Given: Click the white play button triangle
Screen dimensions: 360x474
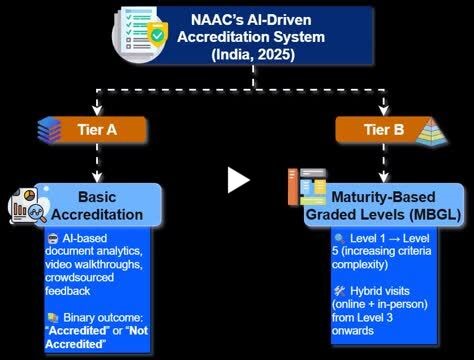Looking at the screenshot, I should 237,180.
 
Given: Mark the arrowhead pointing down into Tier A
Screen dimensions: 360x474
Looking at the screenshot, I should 96,111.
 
